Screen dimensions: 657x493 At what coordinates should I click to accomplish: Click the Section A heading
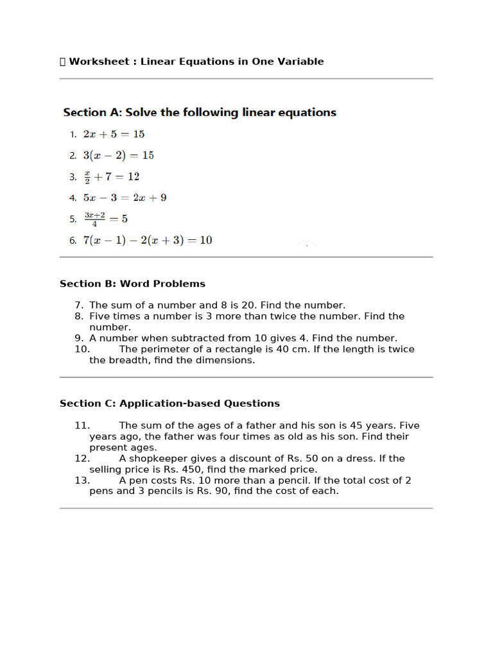click(199, 112)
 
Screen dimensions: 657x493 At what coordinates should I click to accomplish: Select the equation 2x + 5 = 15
click(114, 134)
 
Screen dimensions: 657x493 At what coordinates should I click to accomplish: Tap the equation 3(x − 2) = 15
click(118, 155)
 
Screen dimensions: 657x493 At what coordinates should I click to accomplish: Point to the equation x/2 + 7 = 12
click(112, 176)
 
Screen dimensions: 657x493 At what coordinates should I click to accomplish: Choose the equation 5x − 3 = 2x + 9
click(125, 198)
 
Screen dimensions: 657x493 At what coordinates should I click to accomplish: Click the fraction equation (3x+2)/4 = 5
click(106, 219)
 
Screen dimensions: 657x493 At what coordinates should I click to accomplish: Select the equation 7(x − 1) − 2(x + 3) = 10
click(148, 241)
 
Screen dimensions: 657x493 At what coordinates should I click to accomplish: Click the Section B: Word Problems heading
click(132, 284)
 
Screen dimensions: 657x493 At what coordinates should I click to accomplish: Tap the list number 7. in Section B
click(79, 305)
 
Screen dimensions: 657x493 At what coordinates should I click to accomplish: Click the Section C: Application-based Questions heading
click(169, 404)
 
